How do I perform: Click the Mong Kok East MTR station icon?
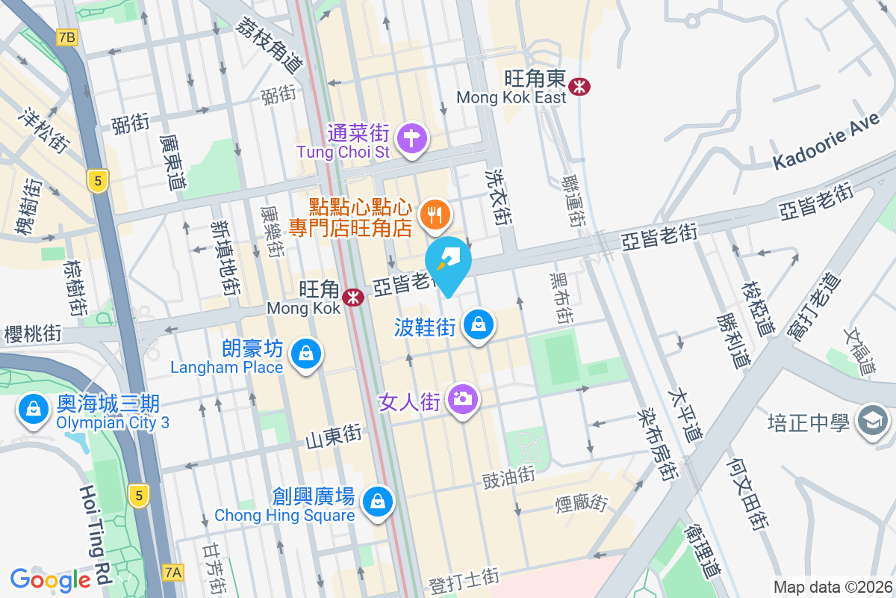pyautogui.click(x=579, y=86)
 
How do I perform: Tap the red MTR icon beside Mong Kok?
pyautogui.click(x=353, y=298)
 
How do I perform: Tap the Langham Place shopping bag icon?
pyautogui.click(x=305, y=354)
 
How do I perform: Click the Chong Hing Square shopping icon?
pyautogui.click(x=378, y=501)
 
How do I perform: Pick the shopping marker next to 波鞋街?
pyautogui.click(x=478, y=324)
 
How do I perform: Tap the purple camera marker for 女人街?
pyautogui.click(x=463, y=398)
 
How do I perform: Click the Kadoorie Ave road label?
pyautogui.click(x=822, y=149)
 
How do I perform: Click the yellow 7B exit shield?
pyautogui.click(x=66, y=37)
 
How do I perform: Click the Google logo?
pyautogui.click(x=51, y=579)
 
